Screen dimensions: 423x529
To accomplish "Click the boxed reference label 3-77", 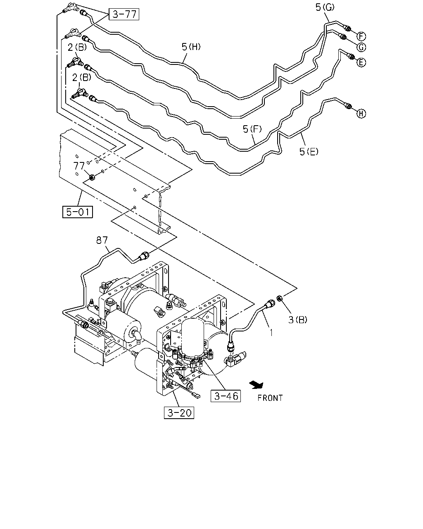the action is click(124, 14).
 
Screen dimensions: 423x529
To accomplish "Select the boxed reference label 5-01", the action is click(78, 212).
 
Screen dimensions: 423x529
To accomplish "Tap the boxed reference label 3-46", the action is click(226, 396).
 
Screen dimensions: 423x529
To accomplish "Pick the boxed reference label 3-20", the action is click(179, 413).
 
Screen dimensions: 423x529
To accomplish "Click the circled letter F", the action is click(361, 37).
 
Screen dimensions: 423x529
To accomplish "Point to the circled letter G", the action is click(361, 47).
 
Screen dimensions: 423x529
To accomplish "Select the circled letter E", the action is click(361, 62).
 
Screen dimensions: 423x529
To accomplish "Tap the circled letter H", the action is click(361, 114).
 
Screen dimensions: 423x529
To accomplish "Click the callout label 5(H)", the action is click(191, 47).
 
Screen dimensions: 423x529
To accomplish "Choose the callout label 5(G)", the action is click(325, 7).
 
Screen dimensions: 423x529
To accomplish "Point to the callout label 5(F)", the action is click(252, 129).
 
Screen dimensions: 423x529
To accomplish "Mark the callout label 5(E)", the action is click(309, 151).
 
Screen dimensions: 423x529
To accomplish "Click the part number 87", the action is click(102, 240).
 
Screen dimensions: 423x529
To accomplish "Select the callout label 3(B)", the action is click(298, 319).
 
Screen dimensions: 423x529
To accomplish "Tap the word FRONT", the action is click(270, 398).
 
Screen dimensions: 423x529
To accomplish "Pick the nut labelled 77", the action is click(92, 176).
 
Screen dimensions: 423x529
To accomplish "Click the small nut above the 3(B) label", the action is click(279, 298).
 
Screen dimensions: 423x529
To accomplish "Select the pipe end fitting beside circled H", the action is click(348, 106).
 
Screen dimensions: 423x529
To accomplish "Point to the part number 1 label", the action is click(271, 333).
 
